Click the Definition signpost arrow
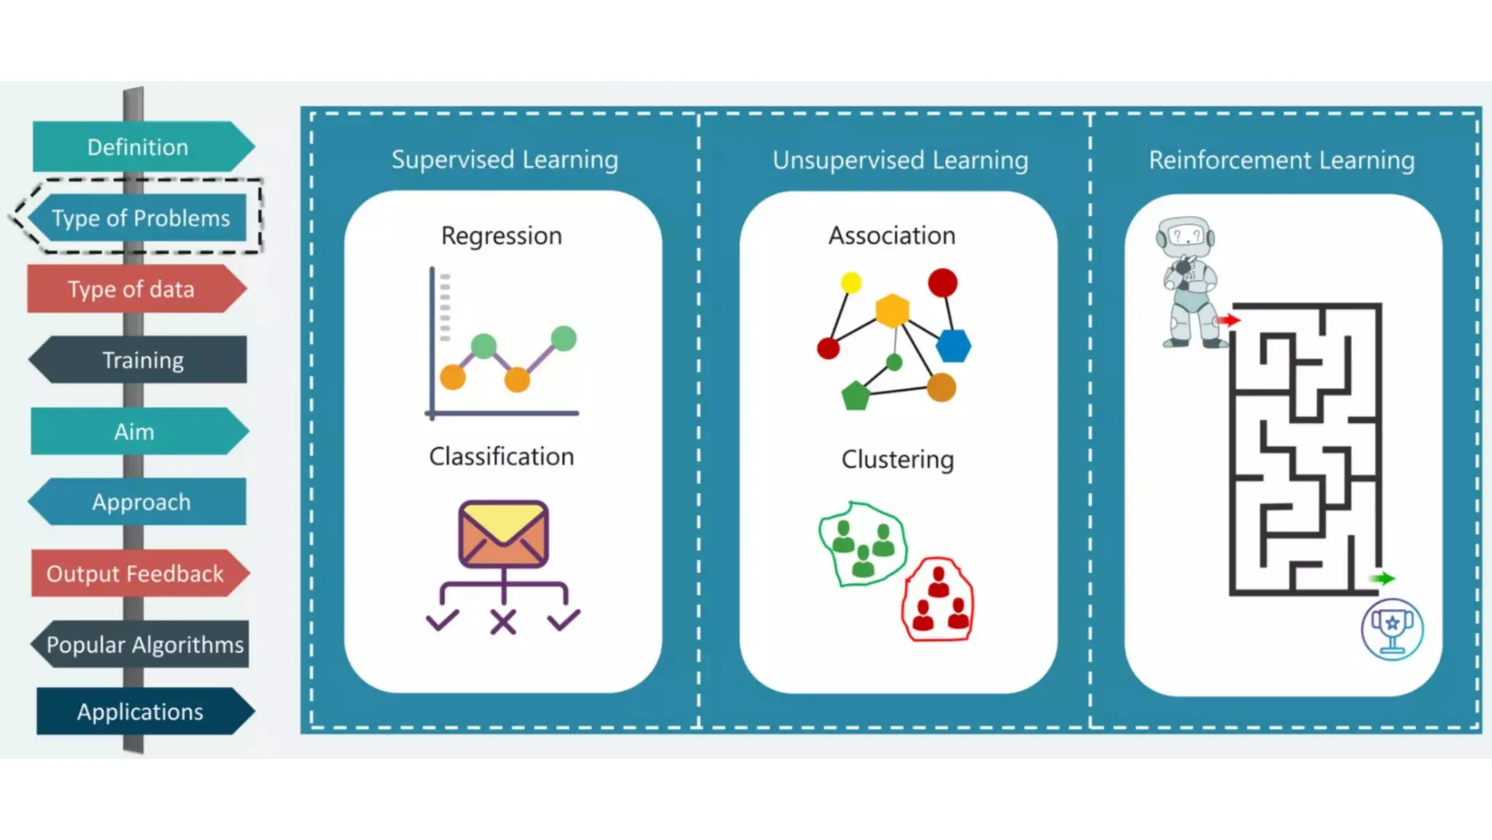coord(138,147)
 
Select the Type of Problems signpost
coord(141,218)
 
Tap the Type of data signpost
coord(132,289)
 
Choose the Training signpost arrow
coord(142,360)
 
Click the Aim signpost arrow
coord(135,432)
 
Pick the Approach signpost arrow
coord(141,502)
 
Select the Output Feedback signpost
coord(136,574)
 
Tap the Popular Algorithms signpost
coord(144,645)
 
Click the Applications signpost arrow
coord(141,712)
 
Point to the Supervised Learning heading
coord(504,160)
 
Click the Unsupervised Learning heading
coord(900,160)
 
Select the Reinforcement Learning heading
coord(1281,160)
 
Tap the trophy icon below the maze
coord(1392,629)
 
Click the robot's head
coord(1185,236)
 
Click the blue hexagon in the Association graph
coord(953,346)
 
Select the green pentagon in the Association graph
coord(855,396)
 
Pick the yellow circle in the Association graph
coord(851,282)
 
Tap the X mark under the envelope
coord(503,622)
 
